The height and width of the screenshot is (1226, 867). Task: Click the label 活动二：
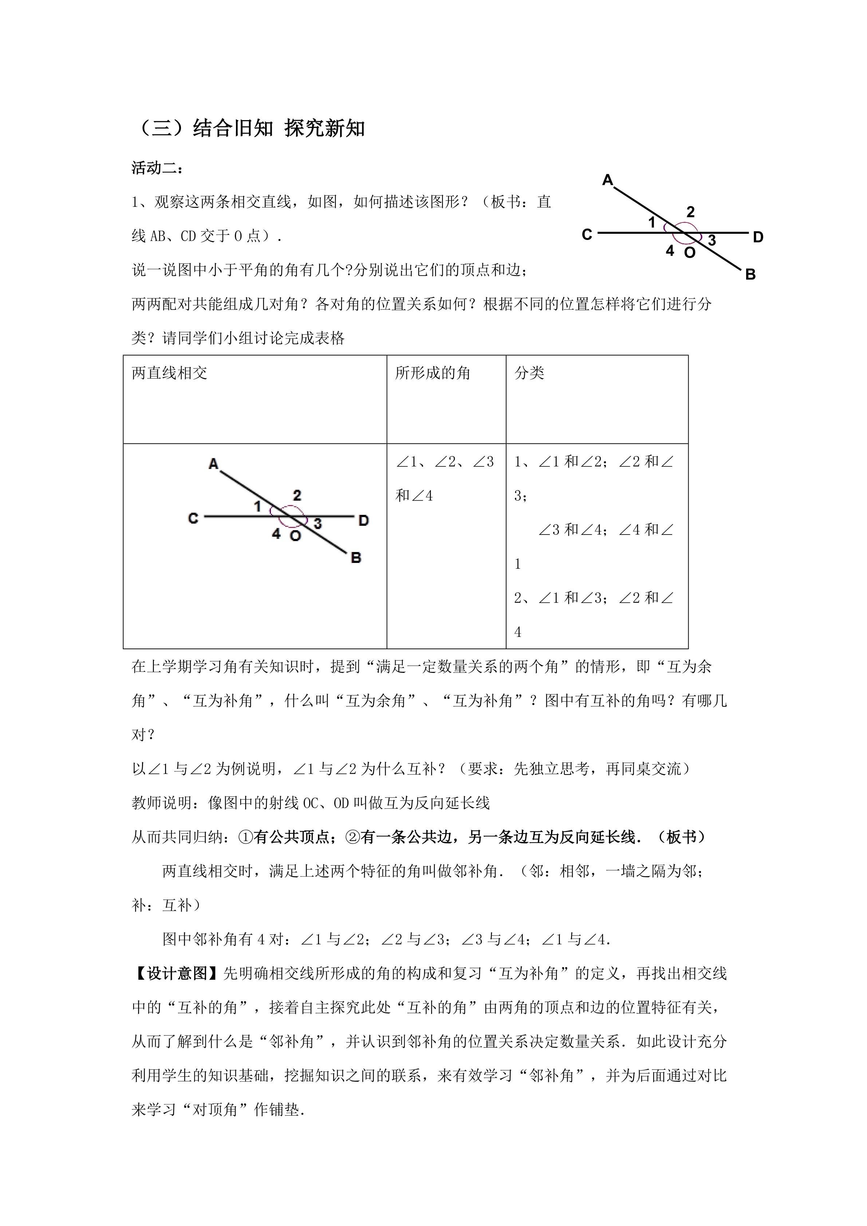click(158, 168)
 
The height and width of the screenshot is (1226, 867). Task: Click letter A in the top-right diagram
click(607, 181)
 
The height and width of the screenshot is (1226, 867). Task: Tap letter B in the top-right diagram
click(750, 275)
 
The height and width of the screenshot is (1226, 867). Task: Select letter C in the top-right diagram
click(587, 234)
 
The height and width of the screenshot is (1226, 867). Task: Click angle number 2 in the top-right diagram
click(690, 212)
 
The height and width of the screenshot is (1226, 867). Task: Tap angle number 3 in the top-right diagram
click(712, 240)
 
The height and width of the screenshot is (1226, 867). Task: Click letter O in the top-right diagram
click(690, 253)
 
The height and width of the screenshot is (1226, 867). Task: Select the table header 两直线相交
click(169, 373)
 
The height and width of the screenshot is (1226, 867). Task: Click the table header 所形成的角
click(433, 373)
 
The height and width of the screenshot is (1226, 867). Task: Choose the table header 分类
click(529, 373)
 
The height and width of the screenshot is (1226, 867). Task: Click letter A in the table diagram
click(213, 464)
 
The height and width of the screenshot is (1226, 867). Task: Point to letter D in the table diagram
click(363, 520)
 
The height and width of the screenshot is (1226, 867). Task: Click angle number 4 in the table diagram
click(276, 533)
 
